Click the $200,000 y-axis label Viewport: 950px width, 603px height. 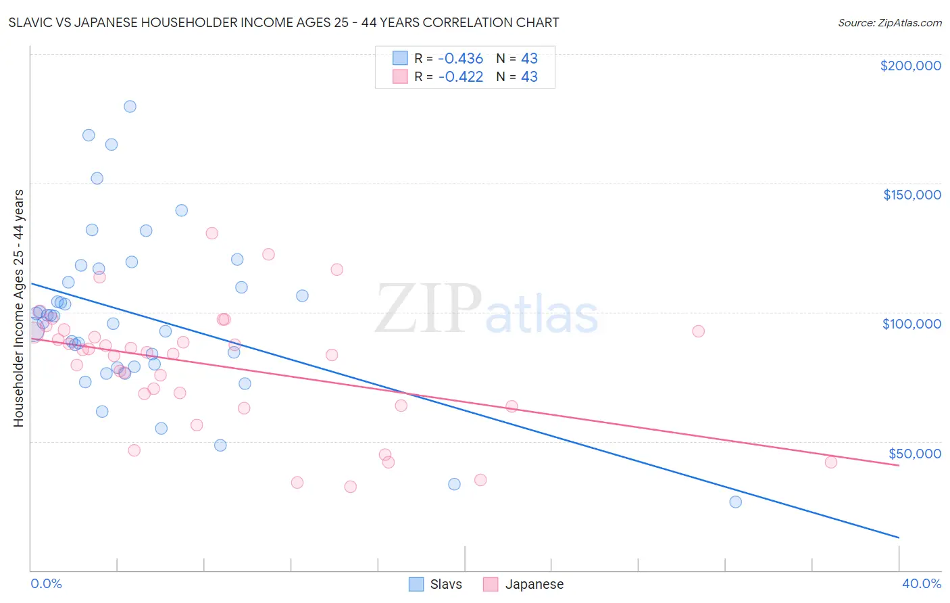point(910,66)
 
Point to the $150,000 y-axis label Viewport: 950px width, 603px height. point(911,195)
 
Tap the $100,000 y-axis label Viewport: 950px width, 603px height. point(911,324)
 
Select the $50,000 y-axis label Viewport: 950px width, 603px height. point(914,453)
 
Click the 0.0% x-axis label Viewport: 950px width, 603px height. point(46,583)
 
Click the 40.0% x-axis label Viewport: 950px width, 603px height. point(921,583)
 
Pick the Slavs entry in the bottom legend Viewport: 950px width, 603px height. point(436,584)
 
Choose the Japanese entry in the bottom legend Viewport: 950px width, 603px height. point(524,584)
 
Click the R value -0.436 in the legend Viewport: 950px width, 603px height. point(460,59)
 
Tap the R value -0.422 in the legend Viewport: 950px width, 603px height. point(460,77)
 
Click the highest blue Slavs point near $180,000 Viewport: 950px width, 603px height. point(130,106)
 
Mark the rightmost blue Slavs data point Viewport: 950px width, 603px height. point(735,502)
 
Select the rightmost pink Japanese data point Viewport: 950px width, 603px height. point(831,462)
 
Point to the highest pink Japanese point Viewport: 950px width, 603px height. point(211,233)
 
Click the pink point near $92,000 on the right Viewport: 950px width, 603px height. point(698,331)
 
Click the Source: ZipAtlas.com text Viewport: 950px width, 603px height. point(889,23)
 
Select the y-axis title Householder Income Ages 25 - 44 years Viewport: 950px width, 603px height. point(19,308)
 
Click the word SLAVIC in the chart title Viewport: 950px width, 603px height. point(32,23)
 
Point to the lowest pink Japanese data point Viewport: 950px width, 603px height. point(350,487)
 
